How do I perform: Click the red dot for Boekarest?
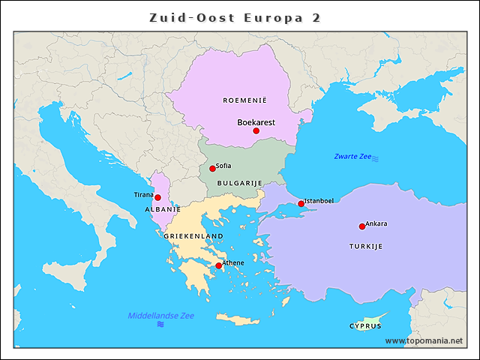click(256, 130)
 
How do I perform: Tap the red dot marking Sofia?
click(212, 169)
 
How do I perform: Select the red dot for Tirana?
click(157, 198)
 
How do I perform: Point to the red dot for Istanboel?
click(301, 203)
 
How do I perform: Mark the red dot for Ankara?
click(361, 226)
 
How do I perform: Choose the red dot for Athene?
click(218, 265)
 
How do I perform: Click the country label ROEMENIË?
click(244, 100)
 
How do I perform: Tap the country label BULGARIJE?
click(239, 183)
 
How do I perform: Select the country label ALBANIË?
click(163, 209)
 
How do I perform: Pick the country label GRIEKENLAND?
click(193, 236)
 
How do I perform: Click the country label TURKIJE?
click(366, 246)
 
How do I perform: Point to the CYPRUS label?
click(365, 326)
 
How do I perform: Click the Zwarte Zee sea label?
click(353, 157)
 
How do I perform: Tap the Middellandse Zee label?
click(160, 316)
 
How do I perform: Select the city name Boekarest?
click(256, 121)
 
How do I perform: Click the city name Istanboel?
click(319, 200)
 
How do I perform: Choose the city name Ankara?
click(376, 223)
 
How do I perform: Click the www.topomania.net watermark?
click(424, 340)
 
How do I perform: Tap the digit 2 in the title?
click(315, 17)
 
